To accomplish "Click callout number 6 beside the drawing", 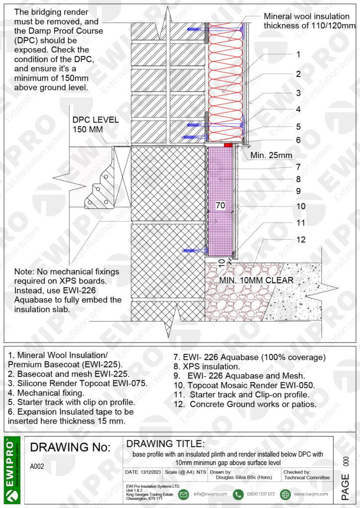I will pyautogui.click(x=298, y=140).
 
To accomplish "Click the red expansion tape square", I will pyautogui.click(x=228, y=145).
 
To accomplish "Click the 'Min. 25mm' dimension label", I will pyautogui.click(x=271, y=155).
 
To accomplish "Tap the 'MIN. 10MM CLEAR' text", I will pyautogui.click(x=256, y=279).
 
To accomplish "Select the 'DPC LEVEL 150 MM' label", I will pyautogui.click(x=95, y=125).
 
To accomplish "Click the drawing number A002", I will pyautogui.click(x=38, y=466).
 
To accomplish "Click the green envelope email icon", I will pyautogui.click(x=183, y=494).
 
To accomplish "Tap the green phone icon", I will pyautogui.click(x=238, y=494).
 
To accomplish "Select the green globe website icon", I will pyautogui.click(x=285, y=494).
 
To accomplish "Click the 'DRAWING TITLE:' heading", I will pyautogui.click(x=165, y=443).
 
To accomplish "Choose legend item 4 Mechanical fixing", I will pyautogui.click(x=46, y=392).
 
